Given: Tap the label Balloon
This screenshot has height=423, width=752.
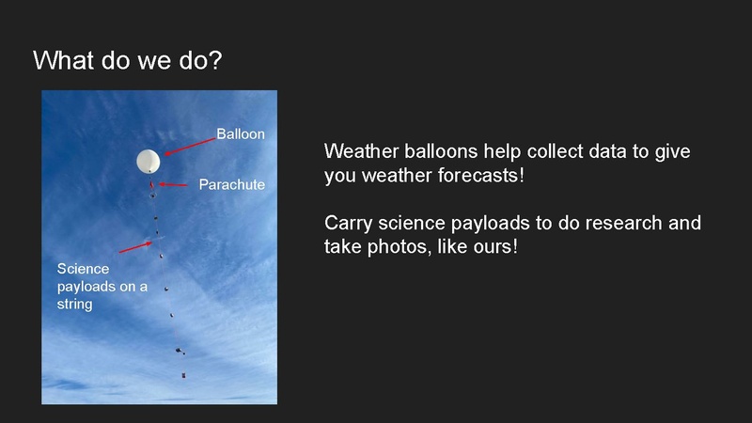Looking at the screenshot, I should pos(241,134).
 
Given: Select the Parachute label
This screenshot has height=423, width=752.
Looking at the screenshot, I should pos(231,184).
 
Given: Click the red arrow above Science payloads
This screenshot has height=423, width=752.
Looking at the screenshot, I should pos(136,246).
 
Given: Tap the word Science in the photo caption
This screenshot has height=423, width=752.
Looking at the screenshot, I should pos(83,269).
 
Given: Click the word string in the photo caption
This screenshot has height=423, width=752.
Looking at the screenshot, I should pos(74,305).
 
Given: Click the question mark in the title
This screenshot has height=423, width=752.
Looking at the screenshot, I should pos(215,60).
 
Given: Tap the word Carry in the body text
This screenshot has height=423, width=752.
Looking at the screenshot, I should pos(348,224).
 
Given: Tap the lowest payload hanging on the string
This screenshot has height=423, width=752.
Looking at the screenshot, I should pos(183,374).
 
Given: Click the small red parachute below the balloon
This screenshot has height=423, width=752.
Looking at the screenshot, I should pos(152,184).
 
